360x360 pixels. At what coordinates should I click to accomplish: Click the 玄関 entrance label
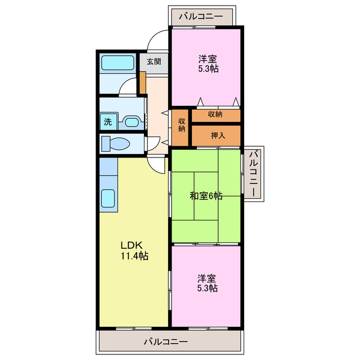point(154,61)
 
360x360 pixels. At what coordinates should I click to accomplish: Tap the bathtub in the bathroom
point(118,62)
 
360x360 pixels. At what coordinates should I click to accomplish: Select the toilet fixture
point(116,144)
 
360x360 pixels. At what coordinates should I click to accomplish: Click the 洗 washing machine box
point(108,121)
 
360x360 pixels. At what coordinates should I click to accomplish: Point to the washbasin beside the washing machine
point(132,122)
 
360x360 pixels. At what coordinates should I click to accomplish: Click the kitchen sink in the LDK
point(108,199)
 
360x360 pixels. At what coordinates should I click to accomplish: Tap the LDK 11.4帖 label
point(134,250)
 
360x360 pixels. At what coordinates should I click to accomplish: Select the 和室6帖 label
point(206,196)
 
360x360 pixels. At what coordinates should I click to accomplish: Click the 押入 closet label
point(218,136)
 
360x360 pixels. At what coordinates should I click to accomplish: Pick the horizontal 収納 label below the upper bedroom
point(215,114)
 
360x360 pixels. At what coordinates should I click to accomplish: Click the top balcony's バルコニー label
point(201,16)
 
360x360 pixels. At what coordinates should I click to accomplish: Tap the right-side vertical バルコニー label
point(254,174)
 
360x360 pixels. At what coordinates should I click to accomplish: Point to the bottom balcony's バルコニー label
point(166,342)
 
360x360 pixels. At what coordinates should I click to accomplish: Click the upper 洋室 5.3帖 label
point(208,64)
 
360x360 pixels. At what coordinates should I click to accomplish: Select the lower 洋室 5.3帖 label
point(208,283)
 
